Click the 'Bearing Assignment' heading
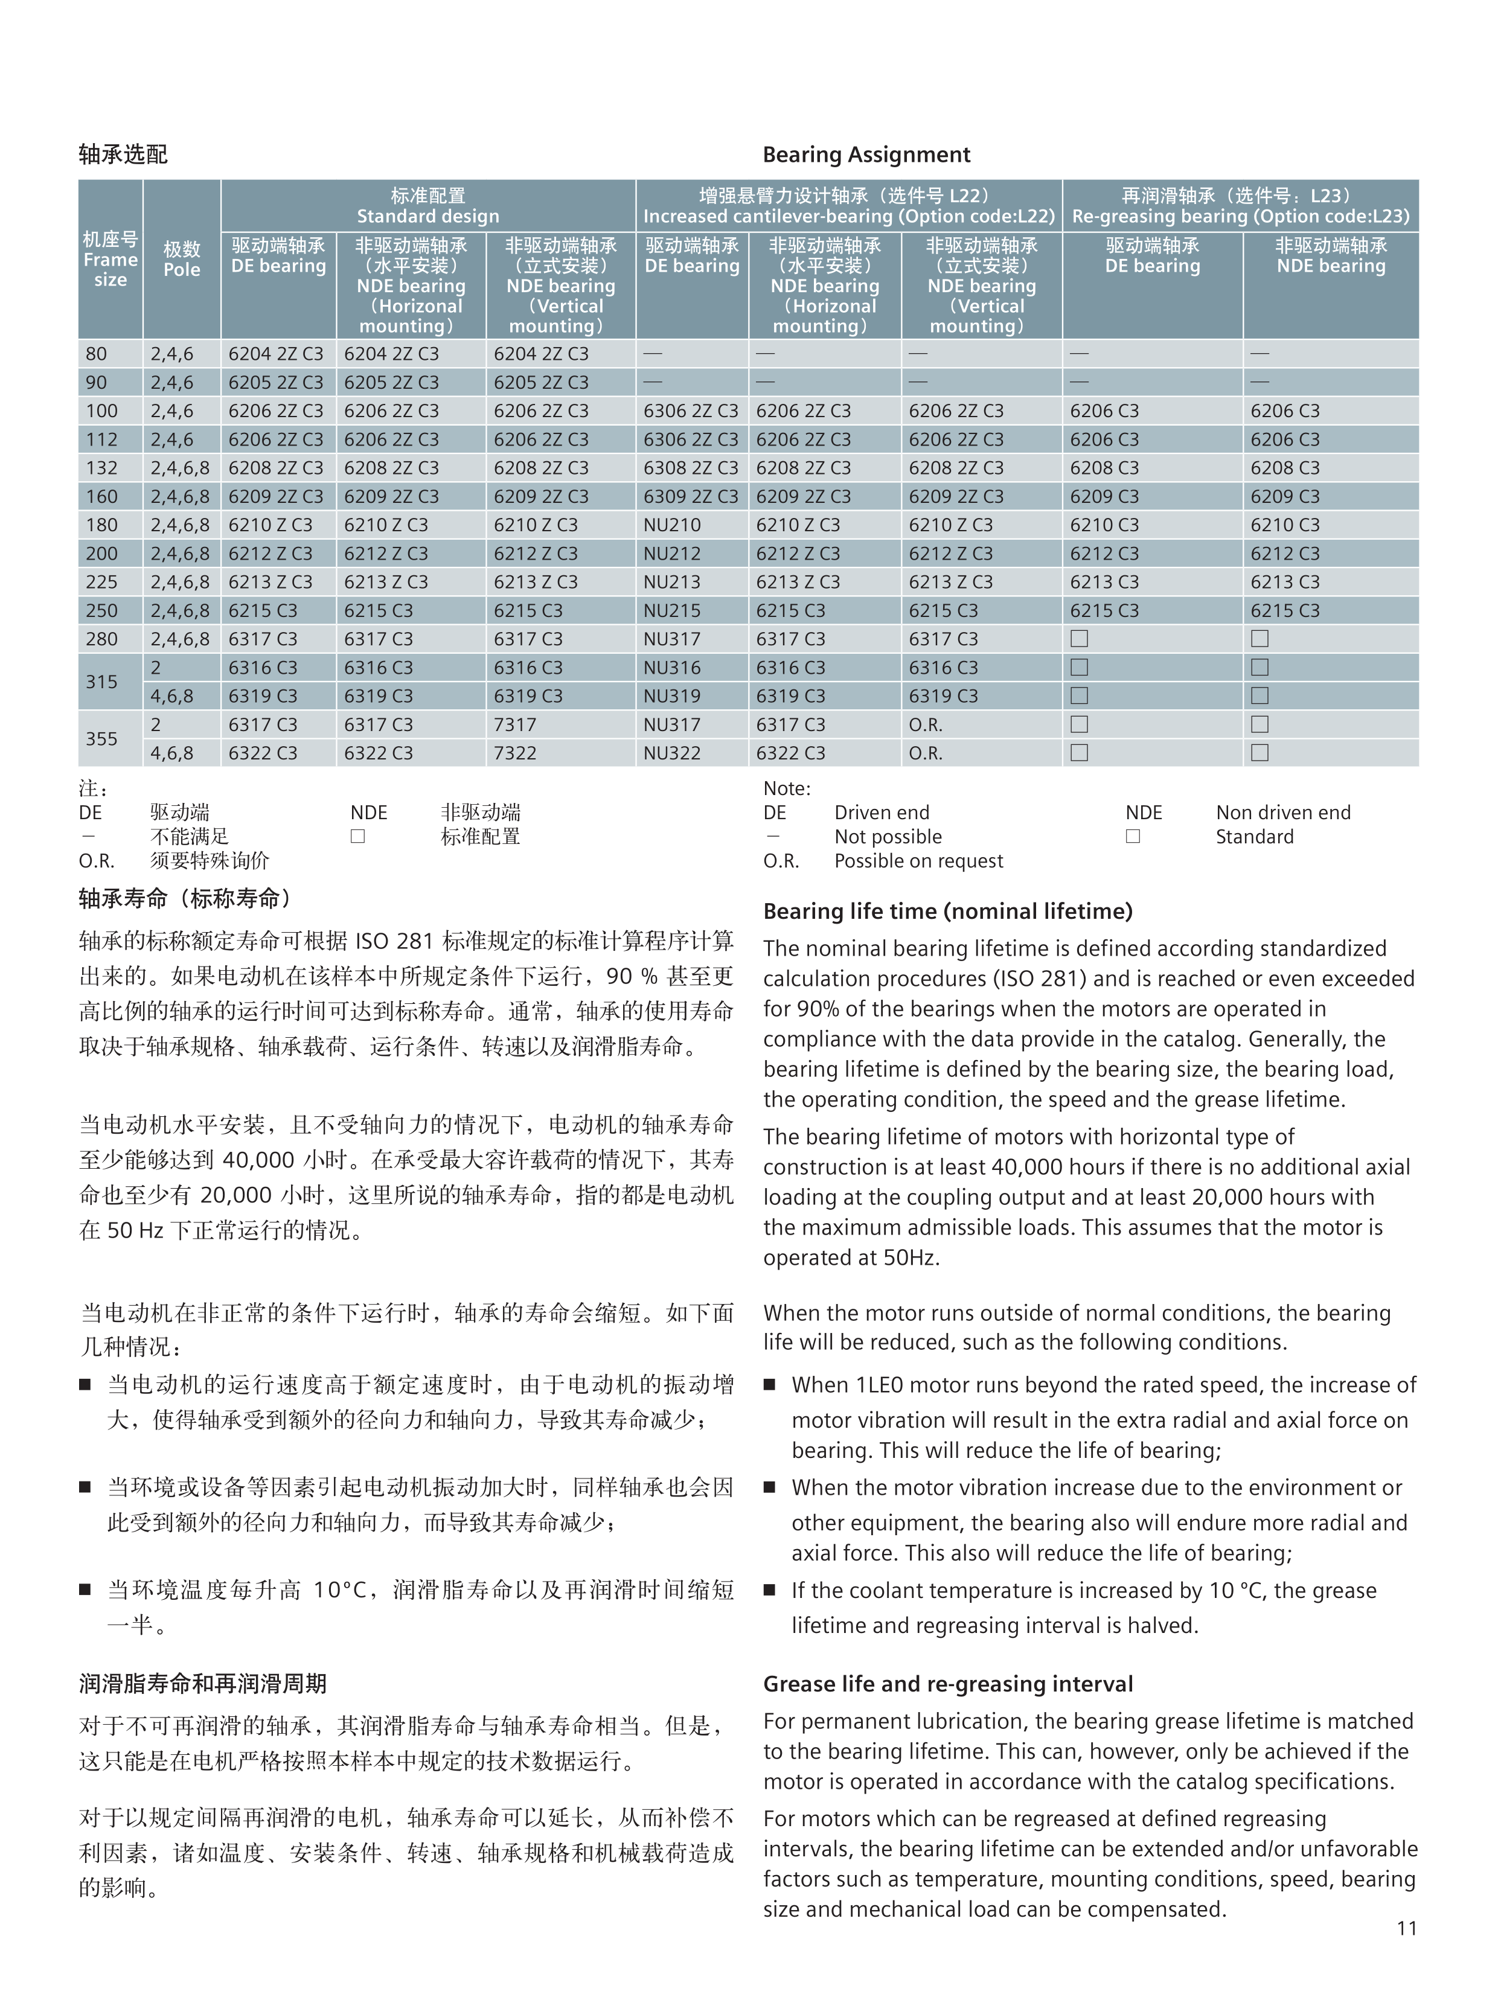pos(866,155)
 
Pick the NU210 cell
pos(672,525)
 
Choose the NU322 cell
pos(672,753)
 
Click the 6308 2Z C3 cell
pos(691,468)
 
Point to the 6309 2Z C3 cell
pos(691,497)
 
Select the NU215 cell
pos(672,610)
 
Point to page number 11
pos(1406,1928)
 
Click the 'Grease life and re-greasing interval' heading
pos(947,1684)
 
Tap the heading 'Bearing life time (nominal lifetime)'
pos(947,911)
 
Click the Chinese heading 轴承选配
pos(123,155)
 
